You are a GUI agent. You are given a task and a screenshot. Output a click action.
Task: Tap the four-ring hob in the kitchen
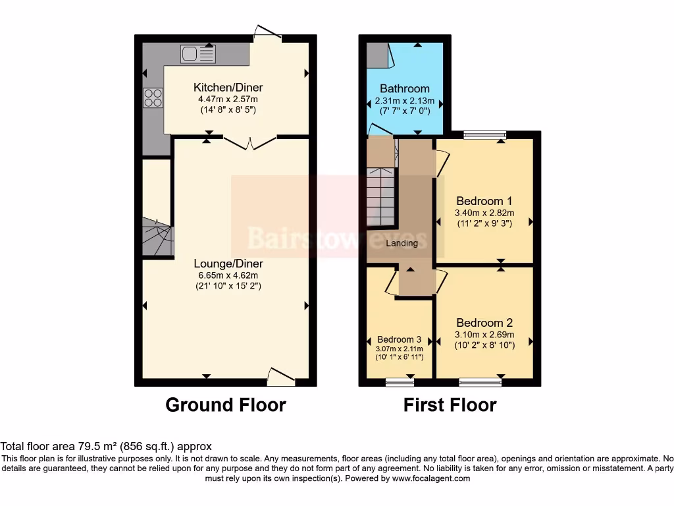tap(153, 98)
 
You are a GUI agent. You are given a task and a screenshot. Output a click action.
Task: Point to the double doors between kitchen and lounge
tap(249, 140)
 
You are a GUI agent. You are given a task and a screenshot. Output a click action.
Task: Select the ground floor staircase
tap(157, 238)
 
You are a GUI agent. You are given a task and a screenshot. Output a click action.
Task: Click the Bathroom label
tap(404, 88)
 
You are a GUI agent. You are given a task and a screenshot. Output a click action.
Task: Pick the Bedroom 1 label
tap(484, 201)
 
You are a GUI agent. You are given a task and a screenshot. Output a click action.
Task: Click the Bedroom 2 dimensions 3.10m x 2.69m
tap(484, 334)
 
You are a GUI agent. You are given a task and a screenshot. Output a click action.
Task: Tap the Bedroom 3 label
tap(399, 339)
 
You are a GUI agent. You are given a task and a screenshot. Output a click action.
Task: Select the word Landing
tap(402, 243)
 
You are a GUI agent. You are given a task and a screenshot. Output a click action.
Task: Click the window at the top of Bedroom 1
tap(484, 135)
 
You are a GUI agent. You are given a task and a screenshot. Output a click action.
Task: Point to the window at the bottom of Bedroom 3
tap(400, 381)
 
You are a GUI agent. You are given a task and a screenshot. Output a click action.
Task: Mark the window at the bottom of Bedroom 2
tap(480, 381)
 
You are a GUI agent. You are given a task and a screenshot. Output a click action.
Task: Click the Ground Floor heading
tap(225, 405)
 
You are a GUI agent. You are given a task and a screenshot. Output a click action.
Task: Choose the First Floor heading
tap(450, 405)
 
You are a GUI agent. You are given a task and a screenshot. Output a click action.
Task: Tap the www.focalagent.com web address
tap(430, 478)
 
